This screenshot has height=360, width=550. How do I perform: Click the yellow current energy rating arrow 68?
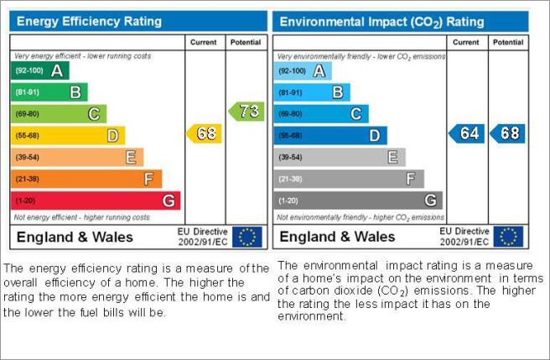[x=204, y=133]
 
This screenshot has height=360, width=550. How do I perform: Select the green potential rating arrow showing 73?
[x=246, y=112]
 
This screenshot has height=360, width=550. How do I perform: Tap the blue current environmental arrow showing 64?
[x=466, y=133]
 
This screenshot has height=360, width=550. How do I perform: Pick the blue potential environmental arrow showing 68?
[x=507, y=133]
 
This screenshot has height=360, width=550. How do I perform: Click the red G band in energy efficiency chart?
[x=96, y=201]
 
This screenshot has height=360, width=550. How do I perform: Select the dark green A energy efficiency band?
[x=40, y=70]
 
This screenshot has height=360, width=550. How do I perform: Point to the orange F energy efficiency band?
[x=86, y=179]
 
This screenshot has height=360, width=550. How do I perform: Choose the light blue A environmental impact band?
[x=303, y=71]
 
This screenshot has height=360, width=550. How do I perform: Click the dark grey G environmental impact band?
[x=358, y=201]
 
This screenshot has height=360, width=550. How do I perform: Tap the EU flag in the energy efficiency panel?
[x=247, y=237]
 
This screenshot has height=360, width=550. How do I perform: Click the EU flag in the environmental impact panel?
[x=508, y=237]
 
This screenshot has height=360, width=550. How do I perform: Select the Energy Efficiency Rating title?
[x=89, y=22]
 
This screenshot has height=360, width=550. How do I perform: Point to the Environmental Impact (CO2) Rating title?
[x=381, y=22]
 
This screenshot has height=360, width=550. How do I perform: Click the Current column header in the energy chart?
[x=204, y=42]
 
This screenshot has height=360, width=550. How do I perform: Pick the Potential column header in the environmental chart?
[x=508, y=42]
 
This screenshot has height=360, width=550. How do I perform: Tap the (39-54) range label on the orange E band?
[x=27, y=158]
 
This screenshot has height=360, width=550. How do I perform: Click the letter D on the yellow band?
[x=112, y=136]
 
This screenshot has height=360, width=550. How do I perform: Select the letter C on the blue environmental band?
[x=356, y=114]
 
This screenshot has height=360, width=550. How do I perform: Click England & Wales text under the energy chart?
[x=75, y=237]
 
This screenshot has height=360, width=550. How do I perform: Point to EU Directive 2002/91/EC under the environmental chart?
[x=464, y=237]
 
